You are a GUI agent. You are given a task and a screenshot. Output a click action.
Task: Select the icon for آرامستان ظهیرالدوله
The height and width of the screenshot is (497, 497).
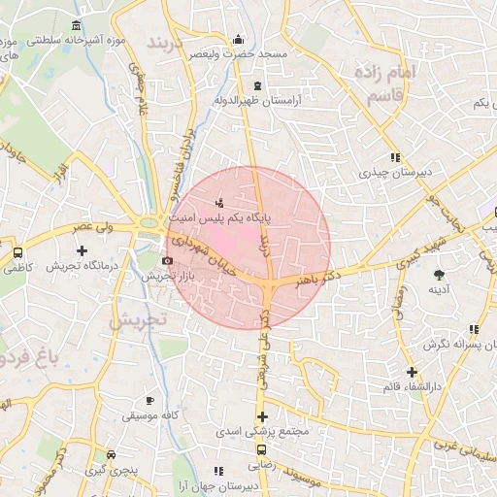[x=257, y=86]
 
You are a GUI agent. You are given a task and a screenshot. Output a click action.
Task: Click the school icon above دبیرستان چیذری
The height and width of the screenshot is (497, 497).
[x=394, y=156]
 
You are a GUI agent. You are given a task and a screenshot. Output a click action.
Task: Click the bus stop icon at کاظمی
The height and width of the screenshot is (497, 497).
[x=17, y=252]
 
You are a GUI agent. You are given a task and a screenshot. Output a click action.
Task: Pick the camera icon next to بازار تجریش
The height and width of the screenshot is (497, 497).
[x=167, y=260]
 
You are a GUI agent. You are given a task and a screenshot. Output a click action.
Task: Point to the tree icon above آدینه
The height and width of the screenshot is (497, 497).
[x=439, y=275]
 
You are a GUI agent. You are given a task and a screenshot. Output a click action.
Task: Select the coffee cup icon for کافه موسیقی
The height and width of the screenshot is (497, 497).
[x=149, y=400]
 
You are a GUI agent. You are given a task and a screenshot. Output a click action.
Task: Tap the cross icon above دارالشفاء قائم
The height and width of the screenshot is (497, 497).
[x=412, y=372]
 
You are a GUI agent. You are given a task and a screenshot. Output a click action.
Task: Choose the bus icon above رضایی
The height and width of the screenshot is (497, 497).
[x=261, y=450]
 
